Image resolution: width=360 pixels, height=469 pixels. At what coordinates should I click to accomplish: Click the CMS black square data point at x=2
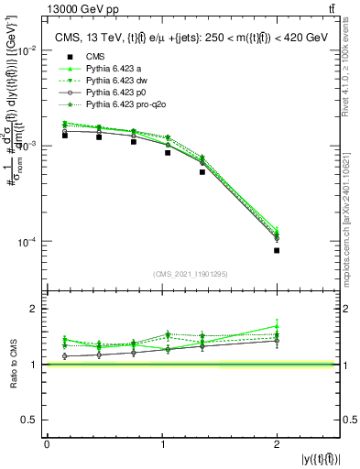tap(277, 250)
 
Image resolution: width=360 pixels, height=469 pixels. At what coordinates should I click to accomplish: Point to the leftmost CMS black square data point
tap(65, 136)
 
